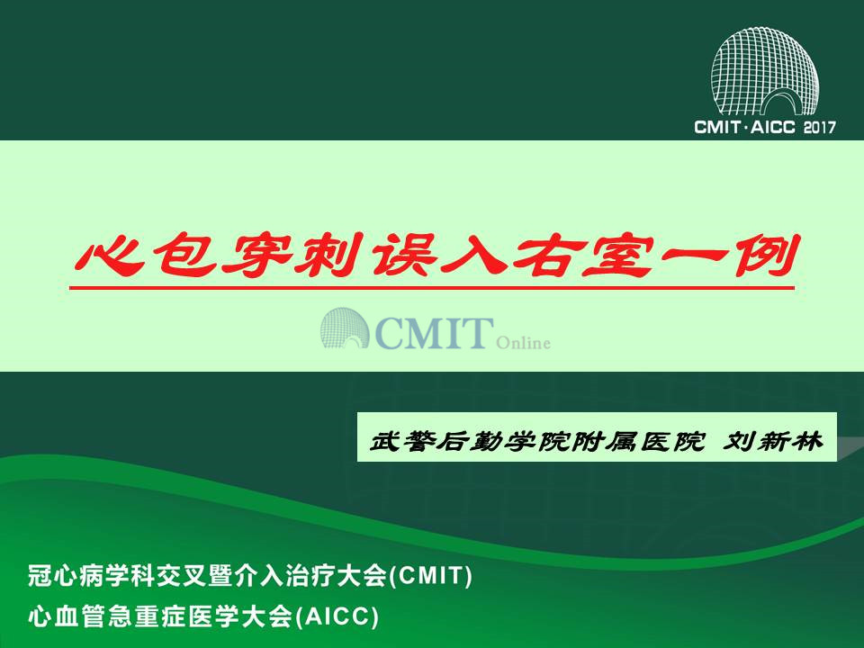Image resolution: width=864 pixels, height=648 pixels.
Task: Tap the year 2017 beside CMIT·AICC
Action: tap(819, 127)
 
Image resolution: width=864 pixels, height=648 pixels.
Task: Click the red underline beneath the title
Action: tap(431, 287)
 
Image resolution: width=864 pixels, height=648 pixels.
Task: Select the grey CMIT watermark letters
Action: tap(434, 332)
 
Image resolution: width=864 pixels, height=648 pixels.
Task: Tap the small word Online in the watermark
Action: tap(523, 343)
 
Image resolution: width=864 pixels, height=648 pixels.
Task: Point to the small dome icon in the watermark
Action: tap(345, 328)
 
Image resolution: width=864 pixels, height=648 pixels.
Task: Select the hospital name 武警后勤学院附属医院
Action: tap(537, 441)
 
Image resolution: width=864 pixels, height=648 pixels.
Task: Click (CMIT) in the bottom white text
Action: tap(430, 576)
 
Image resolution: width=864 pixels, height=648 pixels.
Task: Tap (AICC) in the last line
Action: tap(337, 616)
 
